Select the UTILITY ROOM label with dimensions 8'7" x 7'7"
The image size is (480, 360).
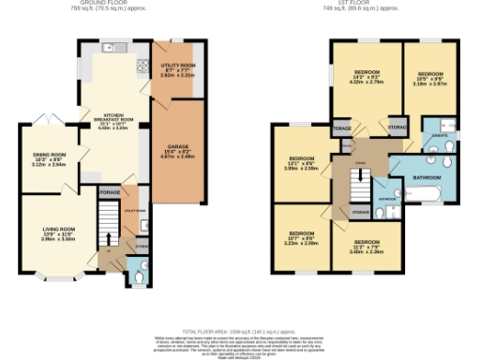[175, 68]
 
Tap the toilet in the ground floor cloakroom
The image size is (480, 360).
[139, 277]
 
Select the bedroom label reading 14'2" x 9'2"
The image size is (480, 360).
[365, 78]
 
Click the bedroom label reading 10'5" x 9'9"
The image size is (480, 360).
[430, 76]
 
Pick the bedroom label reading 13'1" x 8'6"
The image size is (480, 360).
[302, 165]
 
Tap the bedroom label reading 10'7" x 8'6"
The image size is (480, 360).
[301, 237]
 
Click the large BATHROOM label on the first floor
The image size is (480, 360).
[427, 177]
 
